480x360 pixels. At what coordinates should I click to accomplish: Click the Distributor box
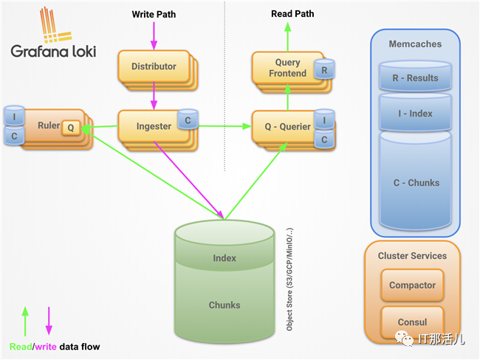[x=154, y=66]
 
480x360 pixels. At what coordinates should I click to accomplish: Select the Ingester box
[x=154, y=126]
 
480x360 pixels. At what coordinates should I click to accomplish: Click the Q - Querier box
[x=282, y=126]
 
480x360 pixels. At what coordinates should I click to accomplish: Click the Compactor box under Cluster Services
[x=412, y=285]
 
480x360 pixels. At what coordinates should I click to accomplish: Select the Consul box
[x=412, y=322]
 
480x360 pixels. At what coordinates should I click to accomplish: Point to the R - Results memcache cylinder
[x=414, y=77]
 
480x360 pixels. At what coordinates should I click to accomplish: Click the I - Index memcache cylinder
[x=414, y=113]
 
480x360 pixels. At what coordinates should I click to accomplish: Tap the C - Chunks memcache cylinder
[x=414, y=182]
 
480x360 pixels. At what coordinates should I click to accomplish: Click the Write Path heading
[x=154, y=14]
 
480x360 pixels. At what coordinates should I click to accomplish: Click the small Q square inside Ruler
[x=70, y=127]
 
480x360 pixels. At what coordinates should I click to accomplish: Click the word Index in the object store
[x=224, y=259]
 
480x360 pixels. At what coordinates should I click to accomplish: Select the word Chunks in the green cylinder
[x=224, y=305]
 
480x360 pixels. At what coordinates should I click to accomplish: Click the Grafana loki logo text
[x=52, y=51]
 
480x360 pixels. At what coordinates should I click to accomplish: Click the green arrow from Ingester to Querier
[x=222, y=126]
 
